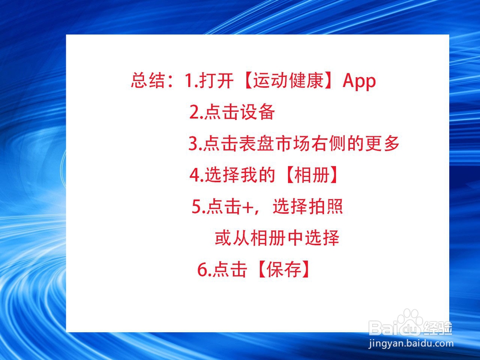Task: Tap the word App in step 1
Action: coord(359,81)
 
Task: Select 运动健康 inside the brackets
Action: coord(288,81)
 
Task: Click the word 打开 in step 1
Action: coord(216,81)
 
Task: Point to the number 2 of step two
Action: coord(195,112)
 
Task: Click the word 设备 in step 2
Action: coord(257,112)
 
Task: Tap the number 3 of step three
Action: coord(193,144)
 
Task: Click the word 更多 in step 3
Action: coord(383,143)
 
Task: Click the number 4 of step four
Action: coord(195,175)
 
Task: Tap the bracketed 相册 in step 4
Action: coord(312,175)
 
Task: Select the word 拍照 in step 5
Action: coord(325,206)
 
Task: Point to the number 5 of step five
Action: coord(196,206)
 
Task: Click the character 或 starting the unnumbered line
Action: coord(223,238)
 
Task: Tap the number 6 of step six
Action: coord(203,270)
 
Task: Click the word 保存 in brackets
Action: coord(284,269)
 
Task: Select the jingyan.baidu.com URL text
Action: coord(411,344)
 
